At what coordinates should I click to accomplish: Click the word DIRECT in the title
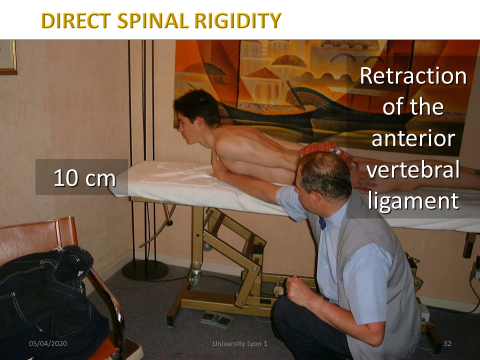(76, 20)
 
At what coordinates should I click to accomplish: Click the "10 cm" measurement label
(84, 178)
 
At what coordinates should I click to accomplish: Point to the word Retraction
(413, 75)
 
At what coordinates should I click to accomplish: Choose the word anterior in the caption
(413, 138)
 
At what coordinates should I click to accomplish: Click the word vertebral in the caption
(413, 169)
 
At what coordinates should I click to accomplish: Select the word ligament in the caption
(413, 201)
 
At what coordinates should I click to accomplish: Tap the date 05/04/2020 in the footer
(48, 343)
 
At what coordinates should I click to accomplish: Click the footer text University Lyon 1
(240, 343)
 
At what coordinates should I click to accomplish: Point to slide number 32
(447, 343)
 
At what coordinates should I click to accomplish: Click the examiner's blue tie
(322, 223)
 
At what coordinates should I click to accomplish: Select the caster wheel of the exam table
(194, 277)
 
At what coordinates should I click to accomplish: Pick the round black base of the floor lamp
(145, 270)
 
